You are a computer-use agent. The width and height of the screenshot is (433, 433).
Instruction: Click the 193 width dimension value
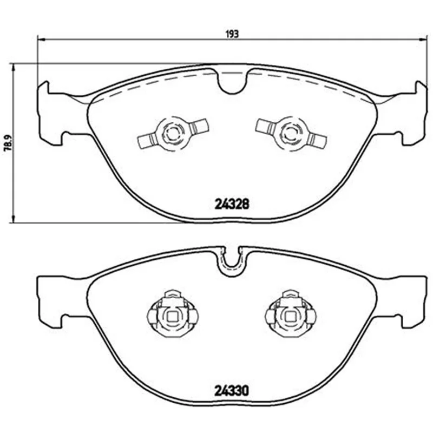coord(232,34)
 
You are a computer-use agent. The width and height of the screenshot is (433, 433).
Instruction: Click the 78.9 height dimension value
coord(8,143)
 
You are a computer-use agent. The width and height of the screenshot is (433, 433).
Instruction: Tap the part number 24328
coord(232,205)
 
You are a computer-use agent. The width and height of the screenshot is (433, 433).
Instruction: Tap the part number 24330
coord(232,391)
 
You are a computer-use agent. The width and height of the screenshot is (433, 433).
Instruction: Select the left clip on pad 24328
coord(173,134)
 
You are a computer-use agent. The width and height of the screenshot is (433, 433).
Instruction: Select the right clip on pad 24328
coord(291,134)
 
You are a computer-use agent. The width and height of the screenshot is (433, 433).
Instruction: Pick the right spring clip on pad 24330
coord(291,313)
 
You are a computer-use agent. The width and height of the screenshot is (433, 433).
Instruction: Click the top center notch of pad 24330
coord(232,263)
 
